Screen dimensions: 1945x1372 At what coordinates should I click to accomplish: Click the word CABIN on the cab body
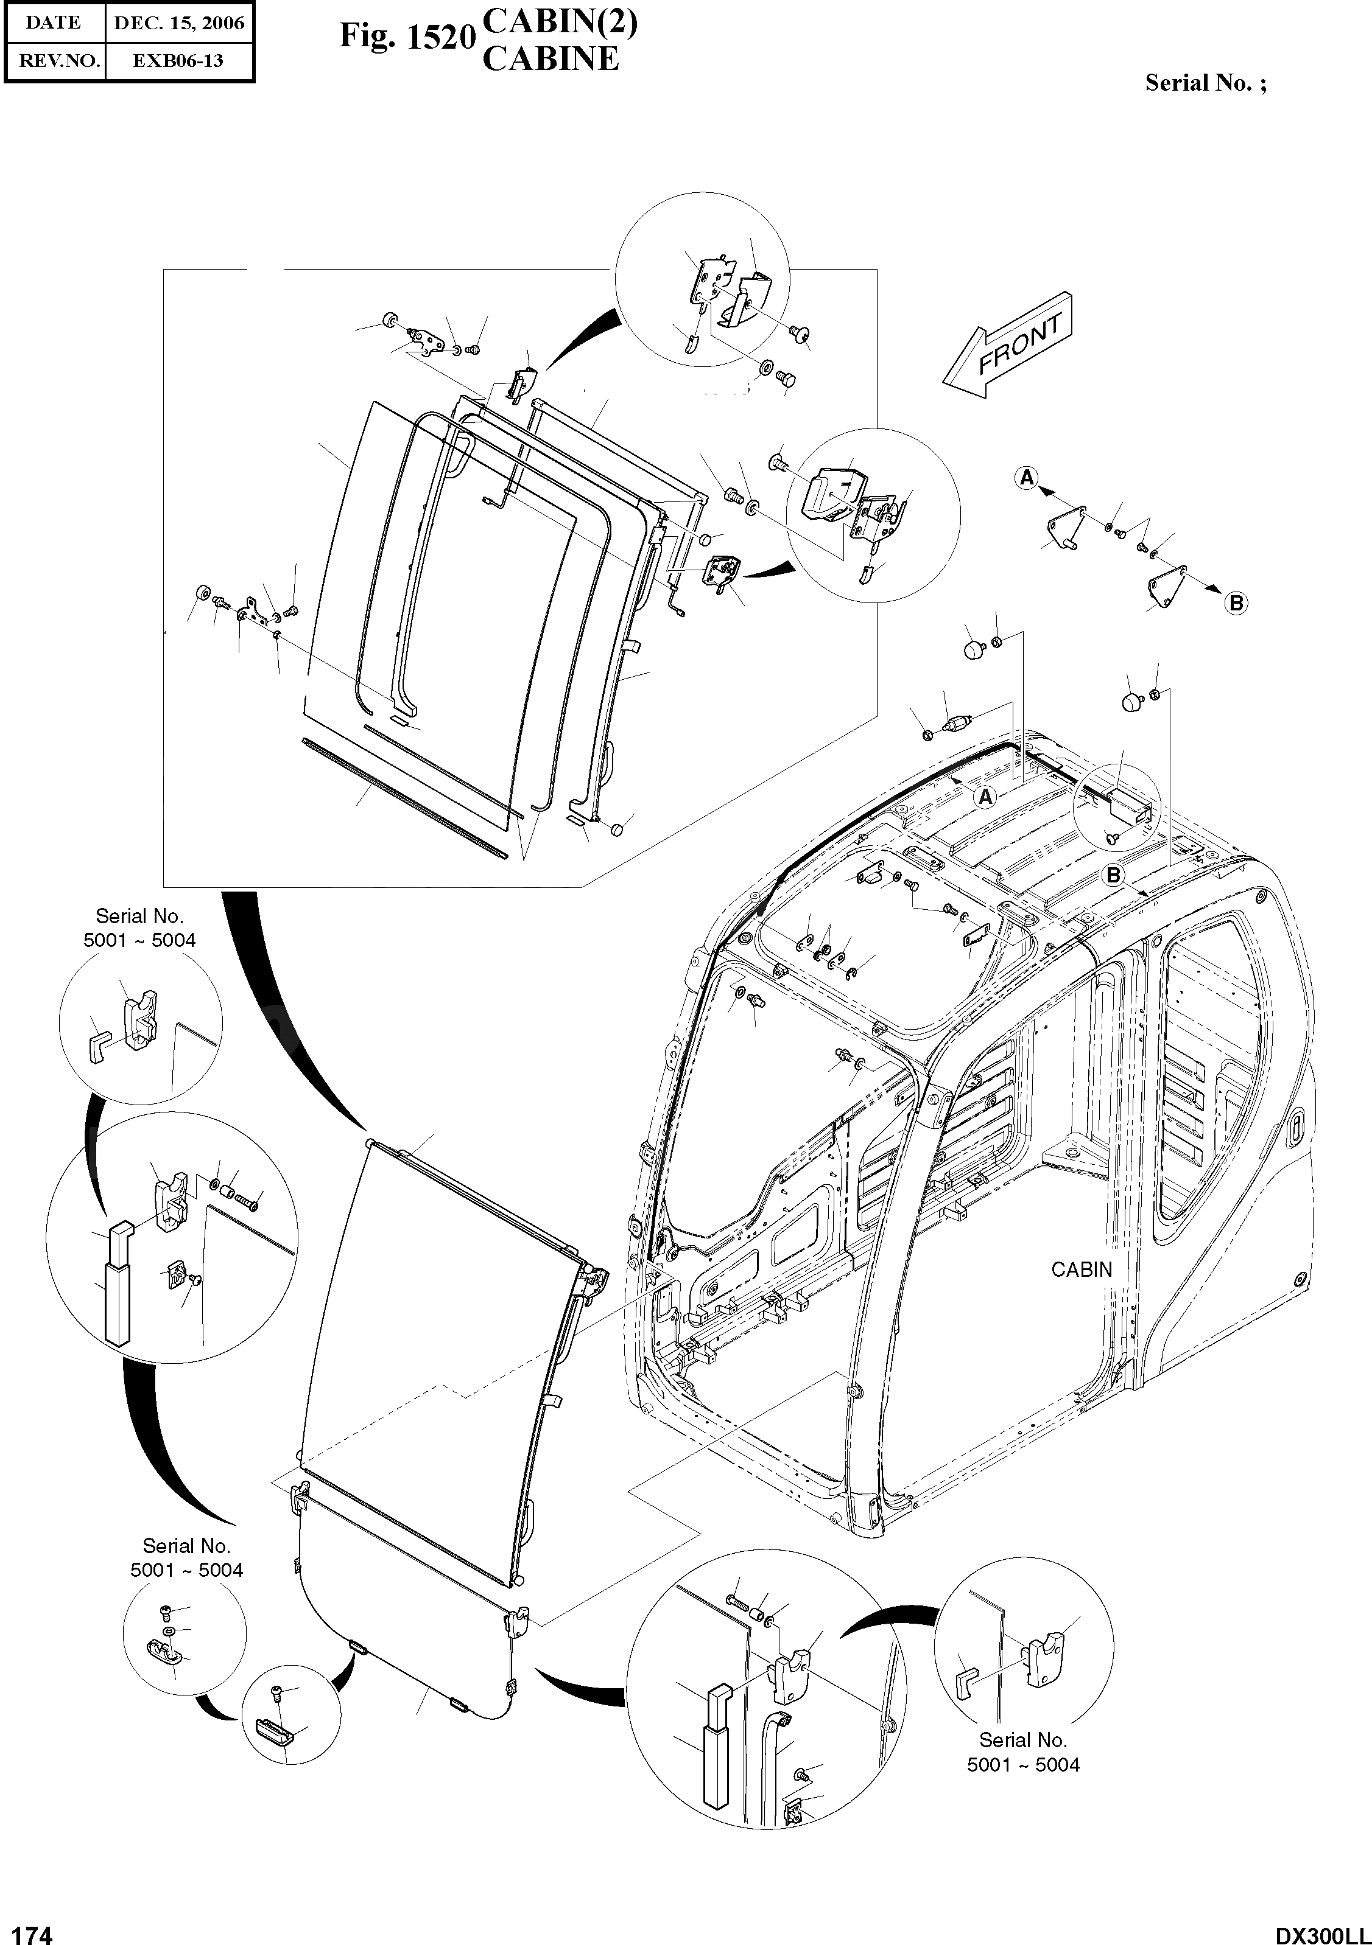click(1082, 1269)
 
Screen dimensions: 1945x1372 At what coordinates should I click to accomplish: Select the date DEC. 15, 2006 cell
click(179, 23)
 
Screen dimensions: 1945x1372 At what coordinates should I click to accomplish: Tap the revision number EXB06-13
click(179, 61)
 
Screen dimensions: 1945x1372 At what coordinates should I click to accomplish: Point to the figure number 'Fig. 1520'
click(405, 37)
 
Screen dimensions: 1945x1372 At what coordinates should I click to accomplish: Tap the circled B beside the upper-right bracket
click(1236, 603)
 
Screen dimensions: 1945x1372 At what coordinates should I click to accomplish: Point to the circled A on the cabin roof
click(985, 796)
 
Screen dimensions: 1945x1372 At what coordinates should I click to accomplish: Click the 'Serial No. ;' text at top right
click(1206, 83)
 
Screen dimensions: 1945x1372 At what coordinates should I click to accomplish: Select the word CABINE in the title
click(550, 59)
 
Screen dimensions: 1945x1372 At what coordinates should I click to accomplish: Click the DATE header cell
click(54, 23)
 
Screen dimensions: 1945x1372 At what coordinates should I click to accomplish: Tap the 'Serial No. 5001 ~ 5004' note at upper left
click(140, 927)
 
